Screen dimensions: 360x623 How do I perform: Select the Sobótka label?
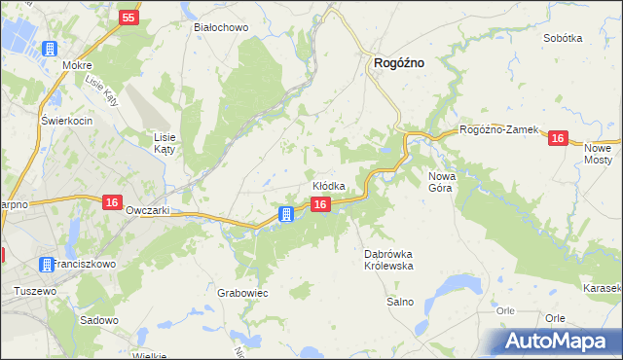coord(563,38)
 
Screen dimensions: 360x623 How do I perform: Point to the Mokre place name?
coord(76,65)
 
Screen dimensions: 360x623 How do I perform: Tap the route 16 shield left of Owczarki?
coord(112,201)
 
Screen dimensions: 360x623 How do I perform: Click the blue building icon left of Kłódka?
coord(287,214)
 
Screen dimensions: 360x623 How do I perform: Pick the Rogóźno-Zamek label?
coord(498,129)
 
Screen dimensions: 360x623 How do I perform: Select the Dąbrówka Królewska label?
coord(389,260)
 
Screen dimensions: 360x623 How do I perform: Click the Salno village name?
coord(401,302)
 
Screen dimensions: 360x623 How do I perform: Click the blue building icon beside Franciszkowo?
coord(46,264)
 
